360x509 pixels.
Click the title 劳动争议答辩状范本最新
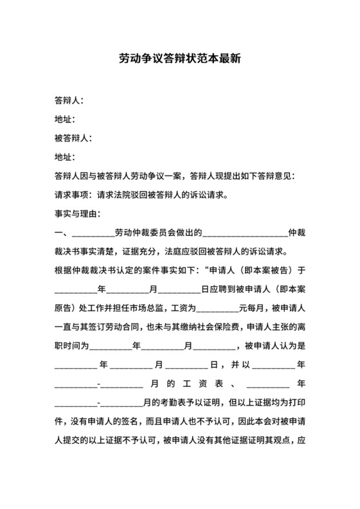pos(180,58)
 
